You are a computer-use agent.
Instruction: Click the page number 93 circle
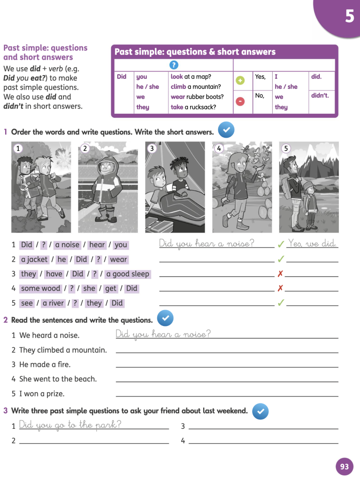[x=345, y=466]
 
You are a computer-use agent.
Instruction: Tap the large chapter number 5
[x=350, y=16]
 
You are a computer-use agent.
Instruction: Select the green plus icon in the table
[x=240, y=80]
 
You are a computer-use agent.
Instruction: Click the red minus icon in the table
[x=240, y=101]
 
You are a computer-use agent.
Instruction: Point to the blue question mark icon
[x=174, y=65]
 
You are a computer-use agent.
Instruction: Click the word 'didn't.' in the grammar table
[x=320, y=96]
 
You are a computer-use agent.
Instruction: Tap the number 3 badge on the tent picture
[x=152, y=148]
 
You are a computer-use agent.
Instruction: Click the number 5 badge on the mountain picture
[x=286, y=148]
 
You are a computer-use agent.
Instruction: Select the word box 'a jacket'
[x=34, y=259]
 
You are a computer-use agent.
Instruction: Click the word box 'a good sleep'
[x=128, y=274]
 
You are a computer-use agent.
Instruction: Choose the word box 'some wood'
[x=41, y=288]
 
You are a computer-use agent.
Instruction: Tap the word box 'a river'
[x=53, y=303]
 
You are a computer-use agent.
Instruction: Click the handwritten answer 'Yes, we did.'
[x=313, y=243]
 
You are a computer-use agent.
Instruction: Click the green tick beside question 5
[x=281, y=303]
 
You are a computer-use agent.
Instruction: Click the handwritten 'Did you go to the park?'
[x=70, y=425]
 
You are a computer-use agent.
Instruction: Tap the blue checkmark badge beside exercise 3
[x=260, y=411]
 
